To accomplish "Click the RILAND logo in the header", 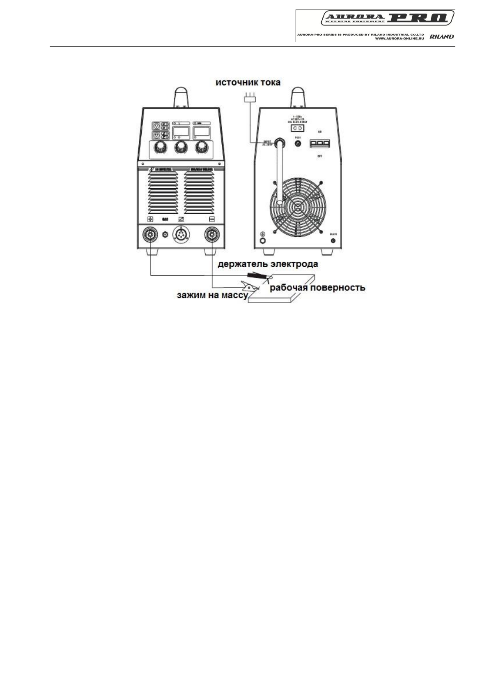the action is [x=442, y=37].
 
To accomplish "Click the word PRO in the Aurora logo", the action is [x=420, y=18].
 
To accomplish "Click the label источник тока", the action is [x=248, y=83].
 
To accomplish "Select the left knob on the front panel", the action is [x=158, y=148].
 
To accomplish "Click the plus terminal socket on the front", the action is [x=149, y=235].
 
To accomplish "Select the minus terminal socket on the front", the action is [x=212, y=235].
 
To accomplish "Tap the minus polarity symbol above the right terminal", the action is [x=212, y=219].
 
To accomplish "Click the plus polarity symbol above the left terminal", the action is [x=151, y=219].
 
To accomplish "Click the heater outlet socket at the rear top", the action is [x=297, y=128].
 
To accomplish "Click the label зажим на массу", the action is [x=212, y=295].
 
